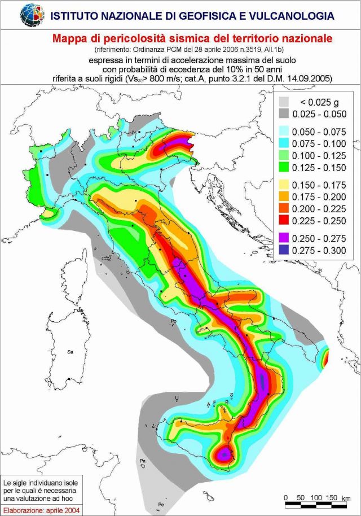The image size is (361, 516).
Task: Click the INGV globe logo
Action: click(x=32, y=15)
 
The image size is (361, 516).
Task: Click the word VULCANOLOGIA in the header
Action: click(x=285, y=16)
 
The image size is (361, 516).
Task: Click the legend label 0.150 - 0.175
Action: click(x=321, y=185)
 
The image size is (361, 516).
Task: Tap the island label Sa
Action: click(x=71, y=352)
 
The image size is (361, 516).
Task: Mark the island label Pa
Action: click(x=143, y=462)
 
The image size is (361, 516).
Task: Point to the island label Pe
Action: click(x=161, y=504)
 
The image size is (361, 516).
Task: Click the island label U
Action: click(x=177, y=398)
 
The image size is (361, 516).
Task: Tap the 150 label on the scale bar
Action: click(x=332, y=497)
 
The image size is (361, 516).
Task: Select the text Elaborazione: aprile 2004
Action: click(x=40, y=510)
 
